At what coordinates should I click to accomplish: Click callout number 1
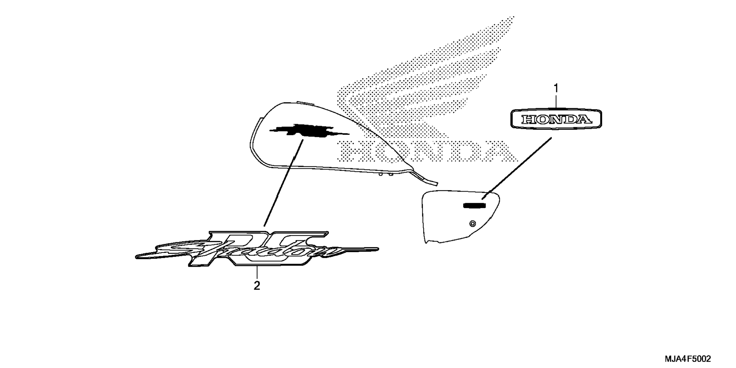[556, 88]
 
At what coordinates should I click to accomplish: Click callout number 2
[257, 286]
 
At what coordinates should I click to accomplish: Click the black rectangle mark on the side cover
[474, 206]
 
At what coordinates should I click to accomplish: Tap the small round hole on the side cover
[472, 224]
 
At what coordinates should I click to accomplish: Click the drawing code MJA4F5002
[688, 359]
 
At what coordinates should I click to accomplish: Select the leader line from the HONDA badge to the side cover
[517, 168]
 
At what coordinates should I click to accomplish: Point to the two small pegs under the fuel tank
[385, 175]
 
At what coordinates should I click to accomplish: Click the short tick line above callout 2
[257, 273]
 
